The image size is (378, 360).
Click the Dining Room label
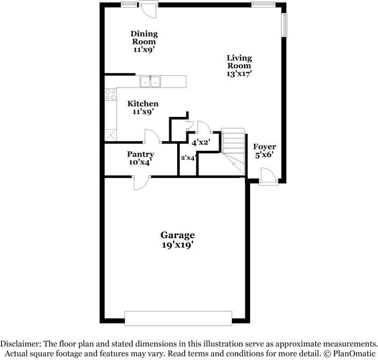(144, 38)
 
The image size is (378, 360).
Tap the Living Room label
(239, 62)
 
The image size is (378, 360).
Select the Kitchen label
(142, 104)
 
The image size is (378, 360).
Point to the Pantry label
(141, 155)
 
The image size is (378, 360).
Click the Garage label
(178, 235)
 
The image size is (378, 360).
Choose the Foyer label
(264, 146)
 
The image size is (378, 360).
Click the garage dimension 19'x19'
(178, 245)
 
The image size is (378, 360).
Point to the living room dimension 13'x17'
(239, 74)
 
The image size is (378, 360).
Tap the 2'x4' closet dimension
(188, 158)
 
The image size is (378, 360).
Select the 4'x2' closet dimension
(201, 142)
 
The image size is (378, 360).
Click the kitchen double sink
(151, 82)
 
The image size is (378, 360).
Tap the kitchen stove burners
(110, 95)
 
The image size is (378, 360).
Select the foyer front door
(268, 178)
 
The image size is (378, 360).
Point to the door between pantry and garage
(141, 182)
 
